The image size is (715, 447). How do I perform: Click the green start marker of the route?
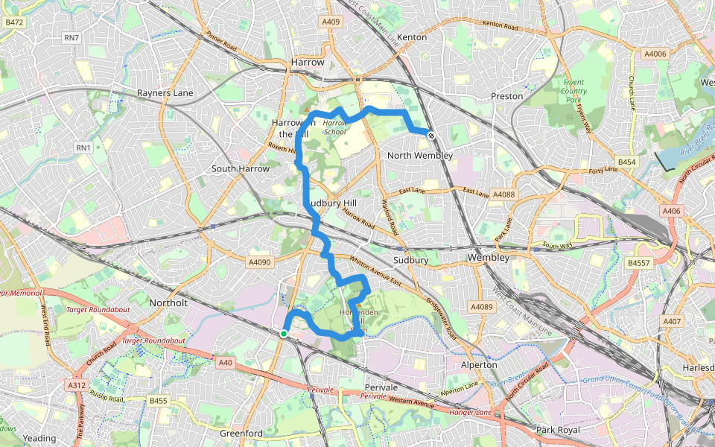click(x=284, y=333)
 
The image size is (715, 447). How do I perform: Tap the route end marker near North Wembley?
click(x=431, y=134)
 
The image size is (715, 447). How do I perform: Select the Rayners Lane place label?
click(x=165, y=93)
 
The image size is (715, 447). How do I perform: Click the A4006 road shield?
click(x=655, y=54)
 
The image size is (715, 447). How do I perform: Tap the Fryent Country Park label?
click(x=573, y=91)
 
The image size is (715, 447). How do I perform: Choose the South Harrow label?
click(x=240, y=168)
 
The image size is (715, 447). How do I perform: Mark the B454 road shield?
click(x=627, y=162)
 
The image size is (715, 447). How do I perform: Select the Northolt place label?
click(x=168, y=303)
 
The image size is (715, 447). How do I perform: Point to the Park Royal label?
click(x=557, y=430)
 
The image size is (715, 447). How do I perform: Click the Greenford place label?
click(x=241, y=433)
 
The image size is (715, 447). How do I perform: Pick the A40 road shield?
click(x=226, y=362)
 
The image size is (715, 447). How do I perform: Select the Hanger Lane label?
click(x=470, y=412)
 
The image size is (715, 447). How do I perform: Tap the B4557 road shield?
click(x=639, y=263)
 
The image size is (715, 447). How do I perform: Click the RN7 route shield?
click(x=71, y=37)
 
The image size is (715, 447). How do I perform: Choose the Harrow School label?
click(x=335, y=127)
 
